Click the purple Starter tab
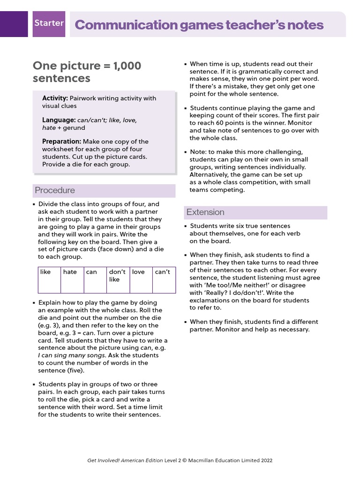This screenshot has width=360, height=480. (x=49, y=23)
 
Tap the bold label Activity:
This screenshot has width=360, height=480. (x=55, y=98)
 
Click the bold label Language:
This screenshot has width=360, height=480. (x=59, y=120)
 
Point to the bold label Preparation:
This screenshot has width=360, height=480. (x=62, y=142)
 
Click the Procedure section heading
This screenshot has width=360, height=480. (x=55, y=190)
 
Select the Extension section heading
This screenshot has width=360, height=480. (x=205, y=212)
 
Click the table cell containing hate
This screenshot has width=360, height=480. (x=72, y=280)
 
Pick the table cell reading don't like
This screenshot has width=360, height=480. (x=117, y=280)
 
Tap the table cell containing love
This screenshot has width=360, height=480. (x=140, y=280)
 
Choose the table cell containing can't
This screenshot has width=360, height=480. (x=164, y=280)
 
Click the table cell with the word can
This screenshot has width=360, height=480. (x=94, y=280)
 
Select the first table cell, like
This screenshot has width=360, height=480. (x=49, y=280)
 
